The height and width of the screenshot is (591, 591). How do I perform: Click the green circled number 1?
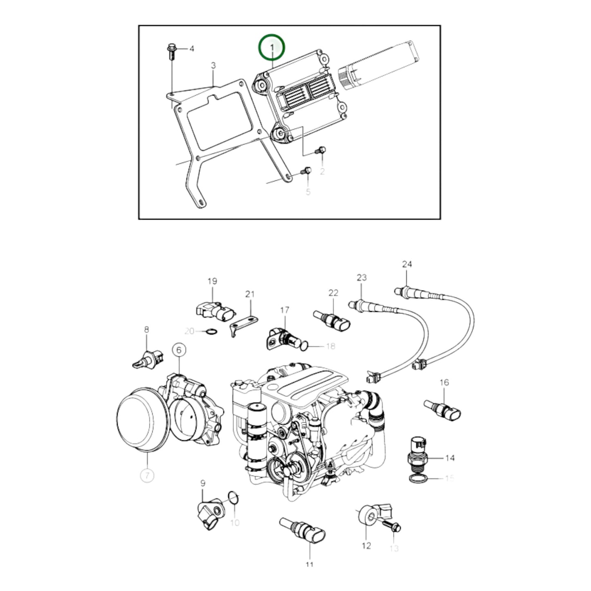272,47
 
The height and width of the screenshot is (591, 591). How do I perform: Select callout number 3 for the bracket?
213,65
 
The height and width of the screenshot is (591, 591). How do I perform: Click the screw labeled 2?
321,151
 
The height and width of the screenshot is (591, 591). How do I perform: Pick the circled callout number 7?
147,484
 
